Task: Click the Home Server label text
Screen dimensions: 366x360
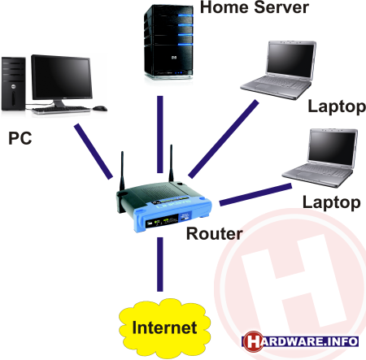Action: click(255, 7)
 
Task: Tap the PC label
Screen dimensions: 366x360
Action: click(20, 138)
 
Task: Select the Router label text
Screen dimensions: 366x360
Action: click(214, 233)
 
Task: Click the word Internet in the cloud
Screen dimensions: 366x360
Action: click(164, 327)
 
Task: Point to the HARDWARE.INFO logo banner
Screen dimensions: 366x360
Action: click(300, 341)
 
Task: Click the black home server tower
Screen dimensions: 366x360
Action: click(168, 42)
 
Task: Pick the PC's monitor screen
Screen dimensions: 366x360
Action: click(62, 78)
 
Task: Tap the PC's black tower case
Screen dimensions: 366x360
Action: click(14, 84)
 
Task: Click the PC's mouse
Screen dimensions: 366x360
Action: click(100, 108)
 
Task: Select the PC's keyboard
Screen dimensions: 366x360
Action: click(61, 110)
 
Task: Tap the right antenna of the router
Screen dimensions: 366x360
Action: click(171, 163)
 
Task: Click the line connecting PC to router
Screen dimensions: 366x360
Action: click(94, 151)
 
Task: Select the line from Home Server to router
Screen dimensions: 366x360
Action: click(160, 134)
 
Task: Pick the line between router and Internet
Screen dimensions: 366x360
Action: click(160, 264)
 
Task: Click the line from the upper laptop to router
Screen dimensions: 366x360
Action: click(224, 139)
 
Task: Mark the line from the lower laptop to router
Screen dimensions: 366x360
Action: click(255, 194)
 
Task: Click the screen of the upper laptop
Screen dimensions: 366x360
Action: click(290, 60)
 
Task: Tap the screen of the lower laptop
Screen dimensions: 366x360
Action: click(333, 148)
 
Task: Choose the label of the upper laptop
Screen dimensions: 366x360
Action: click(337, 107)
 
